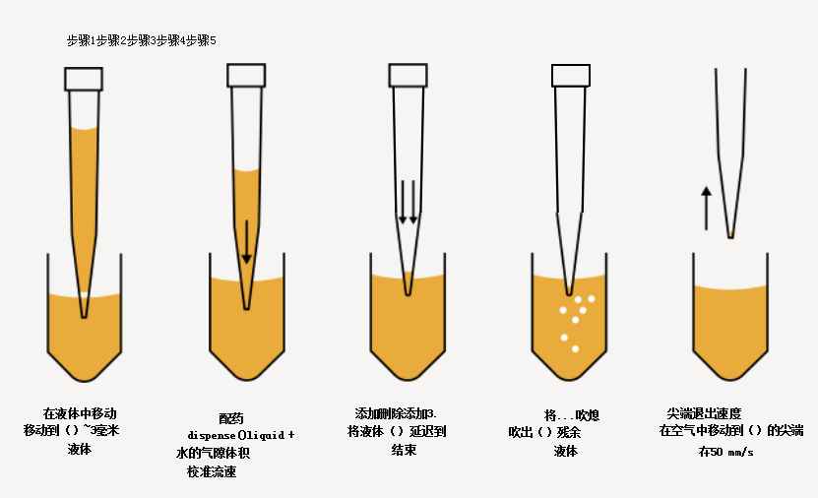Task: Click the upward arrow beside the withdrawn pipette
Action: click(706, 208)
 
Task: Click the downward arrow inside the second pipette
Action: click(246, 241)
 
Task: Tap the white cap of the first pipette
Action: click(84, 79)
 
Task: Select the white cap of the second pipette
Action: click(246, 75)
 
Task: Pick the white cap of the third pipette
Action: click(408, 75)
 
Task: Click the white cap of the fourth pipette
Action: click(571, 75)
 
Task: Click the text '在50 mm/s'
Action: click(725, 452)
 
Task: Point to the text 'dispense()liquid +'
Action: click(240, 434)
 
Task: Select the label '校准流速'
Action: click(212, 471)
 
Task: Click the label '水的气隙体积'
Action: click(211, 453)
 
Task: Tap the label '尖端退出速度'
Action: click(704, 413)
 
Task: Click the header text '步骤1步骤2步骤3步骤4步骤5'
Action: click(141, 40)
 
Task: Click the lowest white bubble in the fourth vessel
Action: click(575, 348)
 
